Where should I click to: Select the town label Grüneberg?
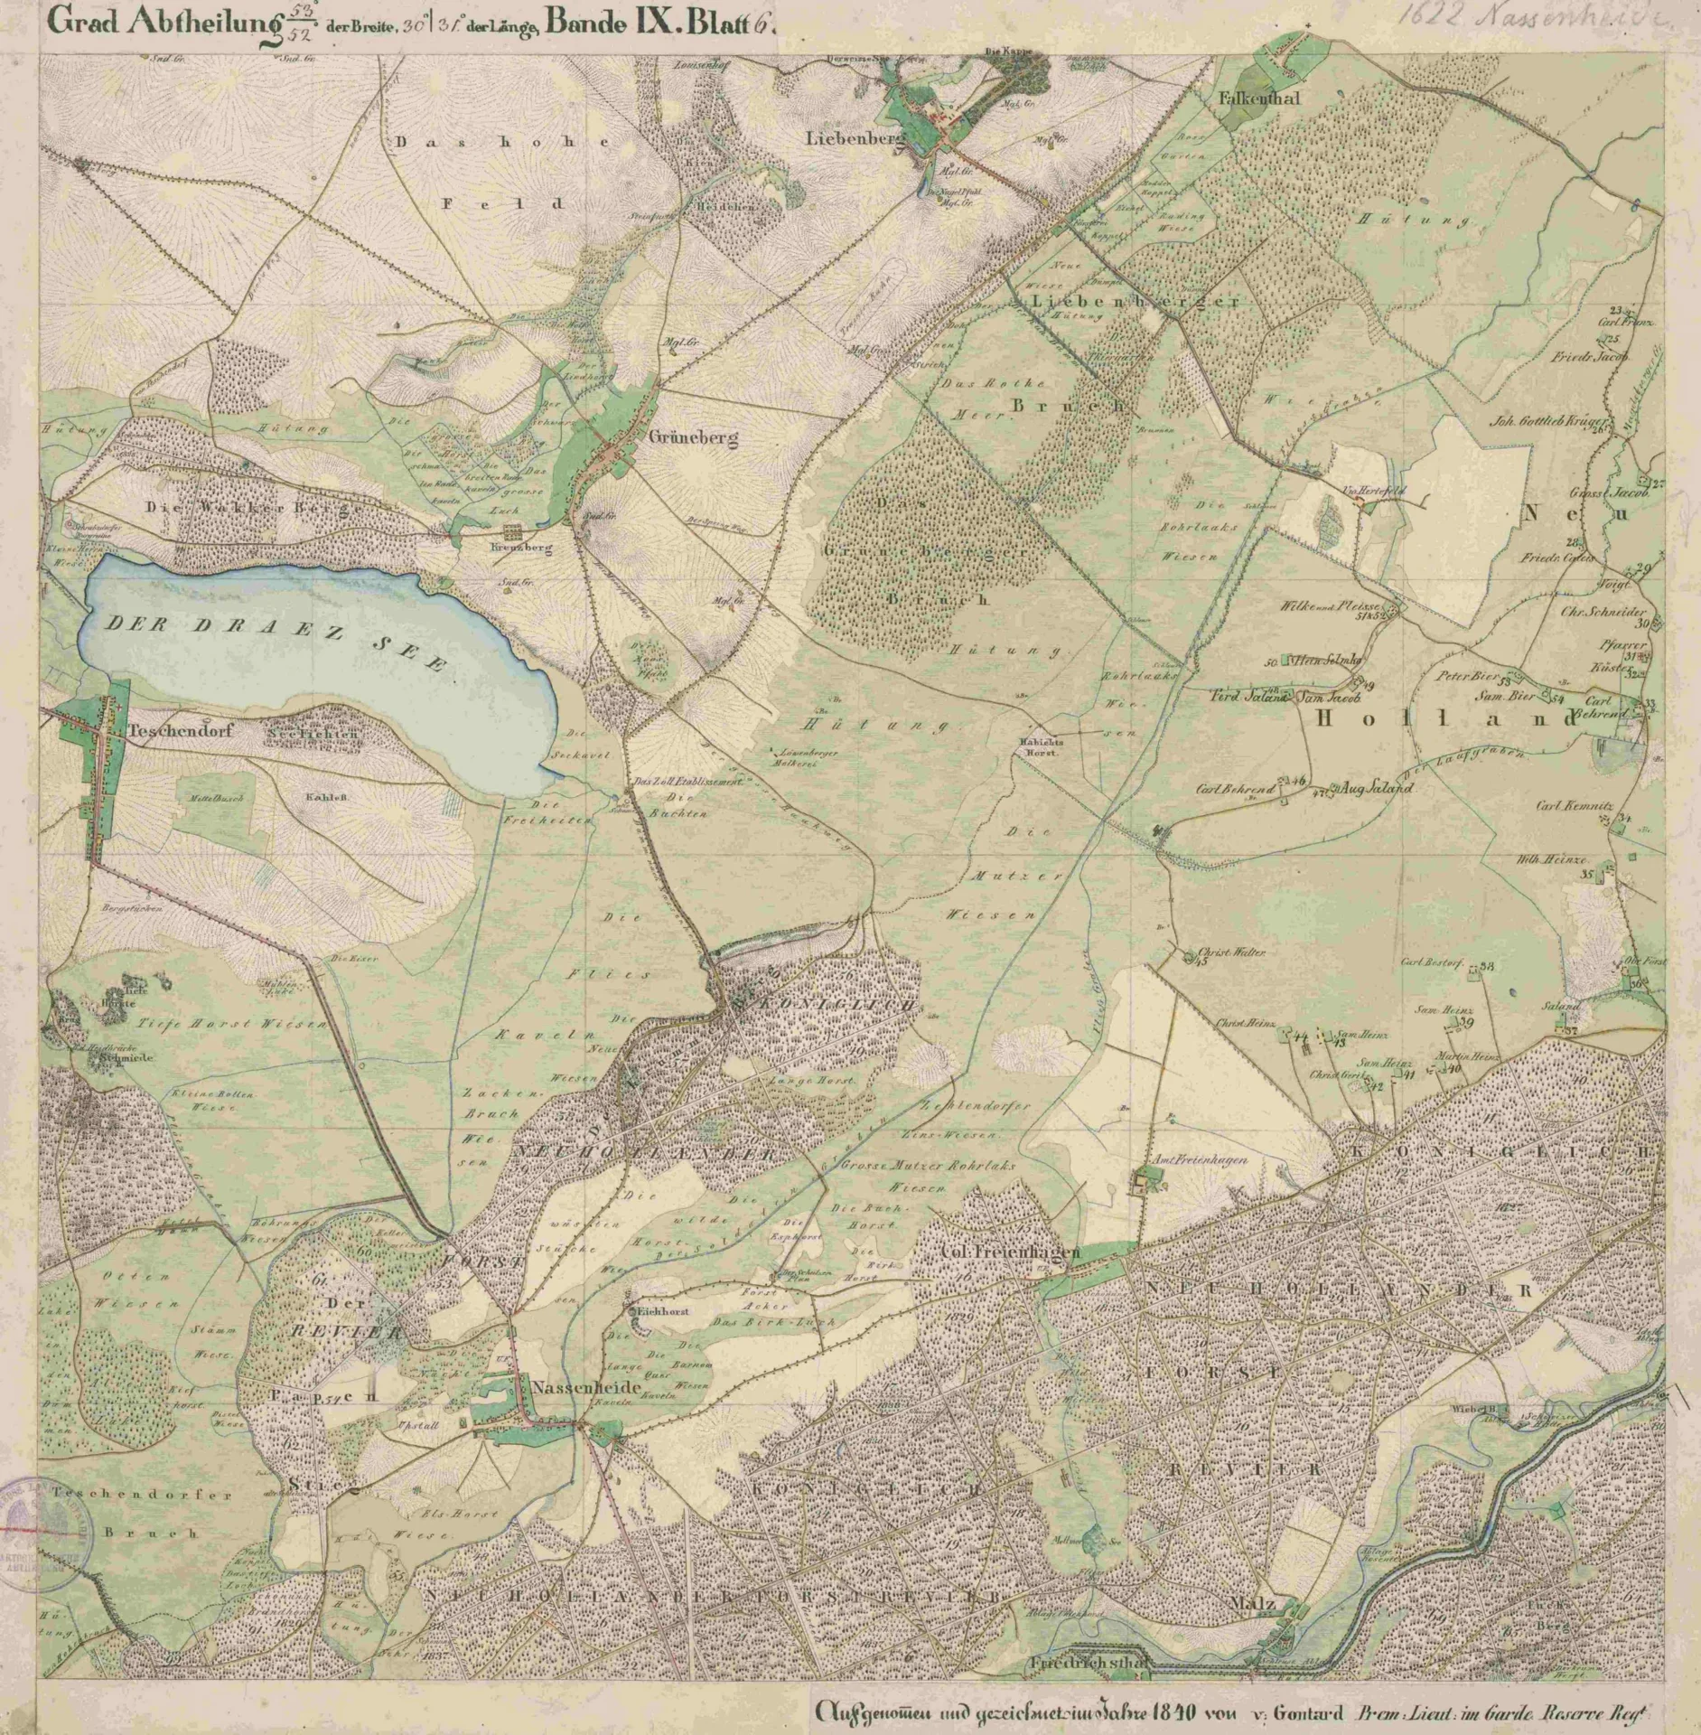693,438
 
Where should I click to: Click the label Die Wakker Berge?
256,509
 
